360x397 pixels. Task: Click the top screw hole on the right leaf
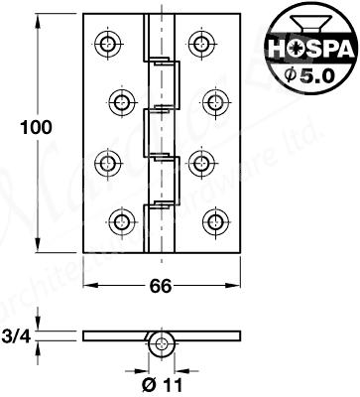(x=203, y=43)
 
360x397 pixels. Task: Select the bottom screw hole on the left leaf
(x=123, y=219)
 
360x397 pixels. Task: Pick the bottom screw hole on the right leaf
(x=217, y=219)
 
